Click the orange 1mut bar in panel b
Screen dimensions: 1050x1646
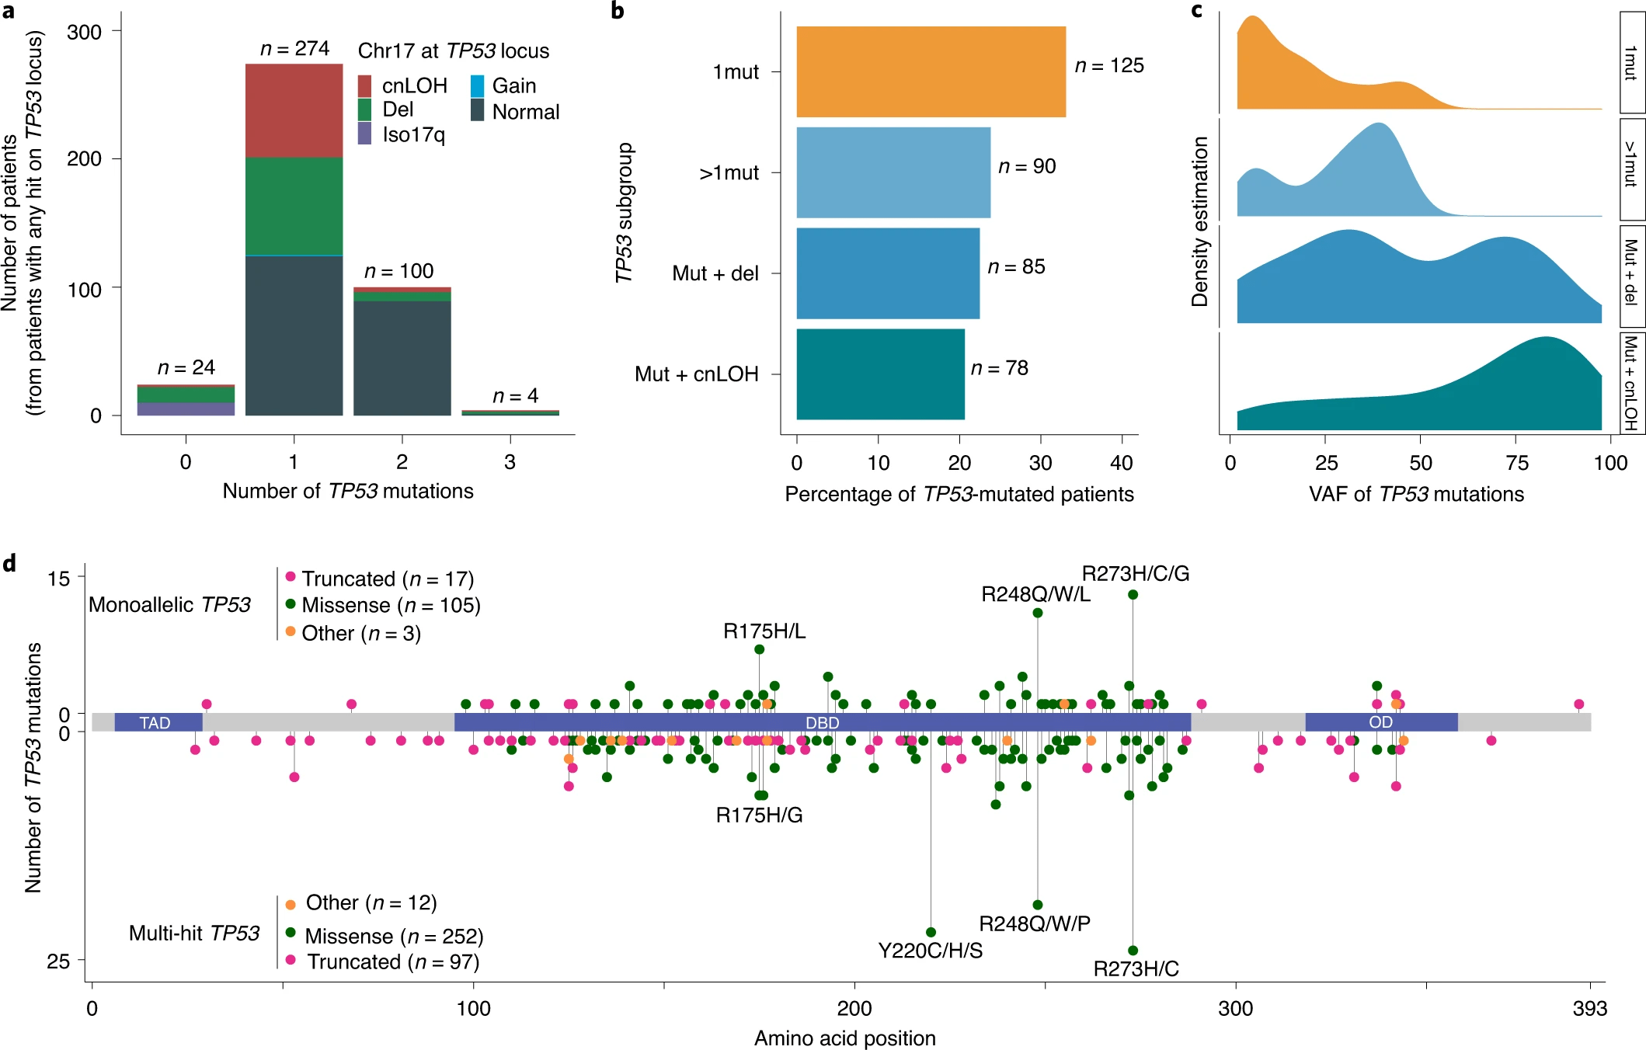coord(931,71)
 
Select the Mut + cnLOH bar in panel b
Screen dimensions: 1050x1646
coord(880,374)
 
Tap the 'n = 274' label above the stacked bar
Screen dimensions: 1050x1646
coord(294,49)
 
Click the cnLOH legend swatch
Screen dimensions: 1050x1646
coord(364,85)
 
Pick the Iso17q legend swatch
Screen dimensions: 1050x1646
coord(364,134)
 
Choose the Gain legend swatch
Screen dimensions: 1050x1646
coord(478,85)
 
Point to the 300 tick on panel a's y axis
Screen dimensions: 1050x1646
coord(84,33)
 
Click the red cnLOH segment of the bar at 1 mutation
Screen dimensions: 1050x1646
coord(294,110)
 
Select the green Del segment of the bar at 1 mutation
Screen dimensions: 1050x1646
coord(294,206)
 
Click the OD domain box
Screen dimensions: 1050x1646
coord(1380,722)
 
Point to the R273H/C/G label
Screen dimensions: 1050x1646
coord(1135,574)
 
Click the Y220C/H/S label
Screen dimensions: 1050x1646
coord(930,951)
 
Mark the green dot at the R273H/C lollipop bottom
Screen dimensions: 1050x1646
coord(1133,951)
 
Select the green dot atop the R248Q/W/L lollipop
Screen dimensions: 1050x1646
coord(1038,613)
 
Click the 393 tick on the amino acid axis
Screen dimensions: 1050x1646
coord(1590,1008)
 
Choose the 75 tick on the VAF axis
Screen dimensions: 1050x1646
coord(1516,464)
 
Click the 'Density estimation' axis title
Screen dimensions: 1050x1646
coord(1200,222)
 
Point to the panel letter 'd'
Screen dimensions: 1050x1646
coord(9,563)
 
